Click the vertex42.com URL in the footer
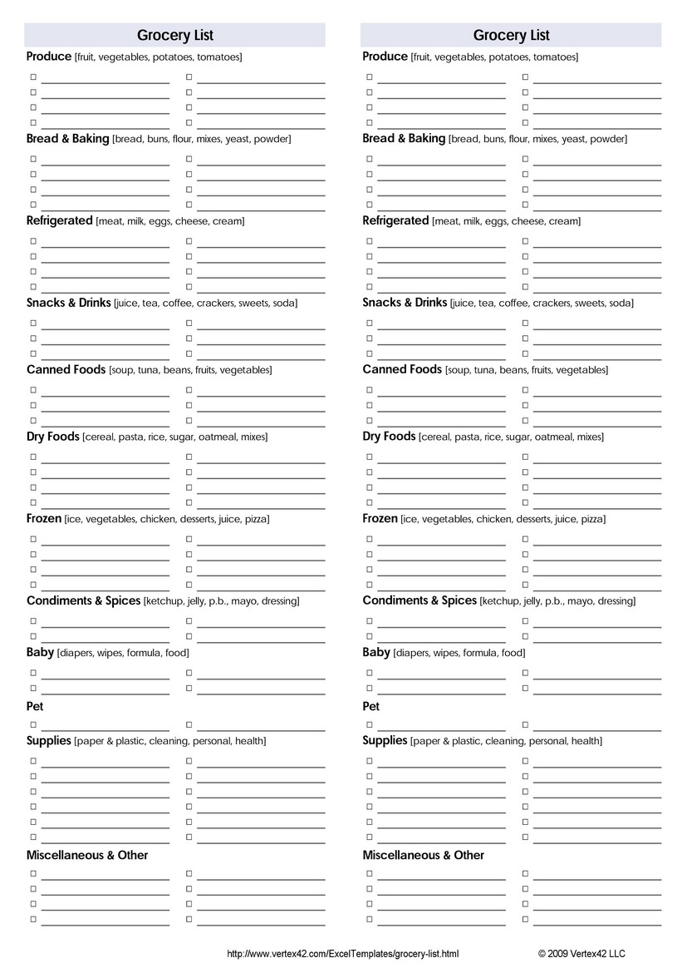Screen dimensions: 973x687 pos(342,954)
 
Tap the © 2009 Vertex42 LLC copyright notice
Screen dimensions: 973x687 pos(581,954)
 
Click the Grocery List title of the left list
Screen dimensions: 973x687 pos(174,35)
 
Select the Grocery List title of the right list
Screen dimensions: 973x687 pos(511,35)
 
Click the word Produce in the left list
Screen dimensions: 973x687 pos(49,57)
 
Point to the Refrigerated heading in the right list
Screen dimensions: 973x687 pos(395,221)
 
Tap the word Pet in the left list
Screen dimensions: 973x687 pos(35,706)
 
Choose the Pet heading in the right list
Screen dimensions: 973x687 pos(371,706)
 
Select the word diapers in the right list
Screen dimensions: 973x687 pos(411,654)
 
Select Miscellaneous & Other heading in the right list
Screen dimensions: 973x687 pos(423,855)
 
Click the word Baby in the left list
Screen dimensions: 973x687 pos(40,653)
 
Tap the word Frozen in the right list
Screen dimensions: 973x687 pos(380,519)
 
